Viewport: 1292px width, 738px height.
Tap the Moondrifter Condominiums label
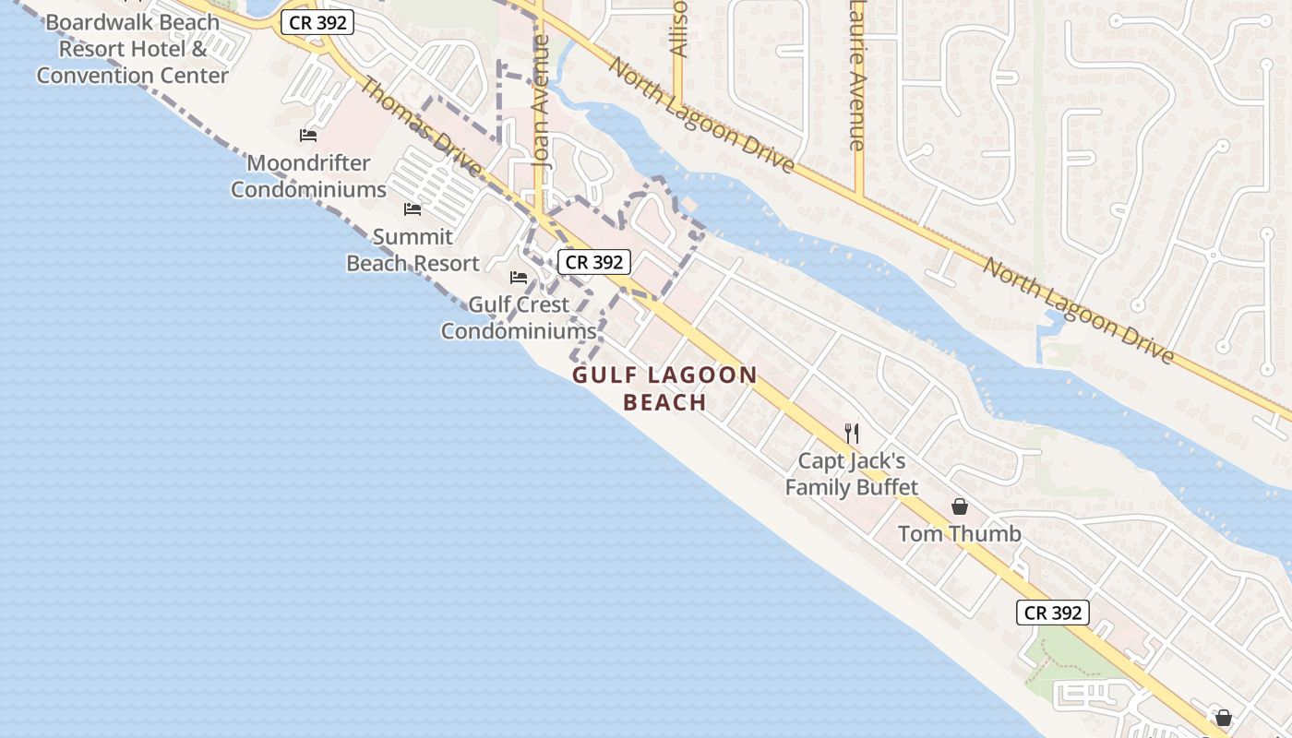[x=308, y=176]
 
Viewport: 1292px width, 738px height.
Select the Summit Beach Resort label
[x=413, y=250]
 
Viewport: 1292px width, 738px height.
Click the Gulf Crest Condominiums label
[x=518, y=317]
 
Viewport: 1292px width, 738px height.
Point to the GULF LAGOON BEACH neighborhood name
[x=664, y=388]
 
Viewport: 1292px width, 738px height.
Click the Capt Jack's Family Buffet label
[x=851, y=473]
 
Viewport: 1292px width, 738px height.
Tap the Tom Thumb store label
[x=959, y=534]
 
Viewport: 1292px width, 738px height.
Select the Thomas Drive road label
[x=420, y=128]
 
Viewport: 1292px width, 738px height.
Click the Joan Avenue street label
[x=542, y=101]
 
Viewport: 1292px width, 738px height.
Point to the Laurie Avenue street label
[x=858, y=74]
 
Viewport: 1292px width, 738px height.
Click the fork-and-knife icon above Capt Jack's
[x=852, y=433]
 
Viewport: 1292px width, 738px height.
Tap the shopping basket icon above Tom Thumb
[x=959, y=506]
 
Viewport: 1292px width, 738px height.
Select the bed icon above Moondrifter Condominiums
[x=308, y=136]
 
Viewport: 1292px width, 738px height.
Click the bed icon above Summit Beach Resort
[x=413, y=209]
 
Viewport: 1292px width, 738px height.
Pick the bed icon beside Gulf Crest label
[x=519, y=277]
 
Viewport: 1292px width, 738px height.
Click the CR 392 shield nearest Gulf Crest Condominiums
[x=594, y=263]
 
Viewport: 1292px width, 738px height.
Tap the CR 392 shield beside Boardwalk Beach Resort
[x=317, y=23]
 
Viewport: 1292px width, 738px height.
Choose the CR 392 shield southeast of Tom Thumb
[x=1053, y=613]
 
